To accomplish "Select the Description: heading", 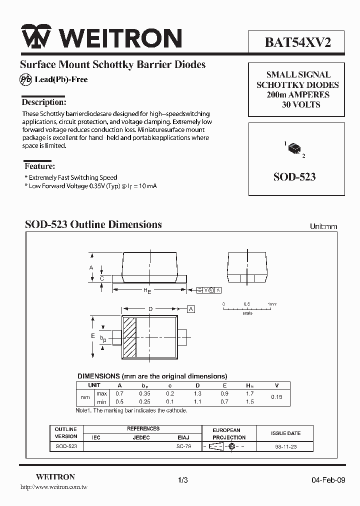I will [x=44, y=102].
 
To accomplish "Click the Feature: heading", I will [x=39, y=166].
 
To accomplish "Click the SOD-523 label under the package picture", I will [x=294, y=177].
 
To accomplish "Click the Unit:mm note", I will [x=323, y=226].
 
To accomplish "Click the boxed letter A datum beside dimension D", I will [x=191, y=309].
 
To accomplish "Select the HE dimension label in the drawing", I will [x=147, y=290].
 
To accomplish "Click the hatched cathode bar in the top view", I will [x=129, y=337].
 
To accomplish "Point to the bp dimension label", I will [x=103, y=339].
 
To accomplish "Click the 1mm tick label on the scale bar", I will [x=271, y=304].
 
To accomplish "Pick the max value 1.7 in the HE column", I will [x=250, y=393].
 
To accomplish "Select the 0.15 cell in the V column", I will [x=276, y=397].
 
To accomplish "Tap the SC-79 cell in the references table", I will [x=183, y=446].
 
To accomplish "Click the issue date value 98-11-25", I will [x=285, y=446].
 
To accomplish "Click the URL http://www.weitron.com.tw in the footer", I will [x=53, y=486].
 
